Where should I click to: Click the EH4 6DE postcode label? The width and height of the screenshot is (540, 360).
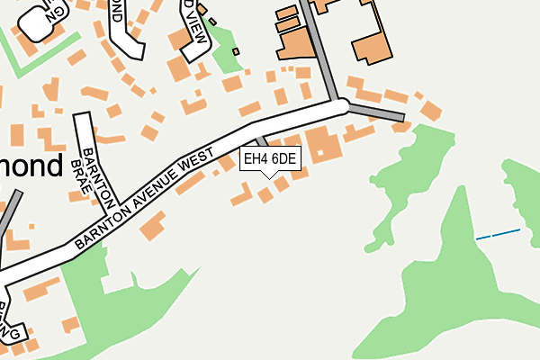click(270, 159)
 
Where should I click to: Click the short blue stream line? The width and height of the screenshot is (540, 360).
click(498, 234)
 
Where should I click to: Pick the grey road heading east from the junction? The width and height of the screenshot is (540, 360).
click(376, 112)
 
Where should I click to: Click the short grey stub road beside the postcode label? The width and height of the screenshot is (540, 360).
click(261, 141)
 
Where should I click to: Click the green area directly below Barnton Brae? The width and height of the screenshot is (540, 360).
click(117, 306)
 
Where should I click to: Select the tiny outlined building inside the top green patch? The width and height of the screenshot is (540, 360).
click(236, 51)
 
